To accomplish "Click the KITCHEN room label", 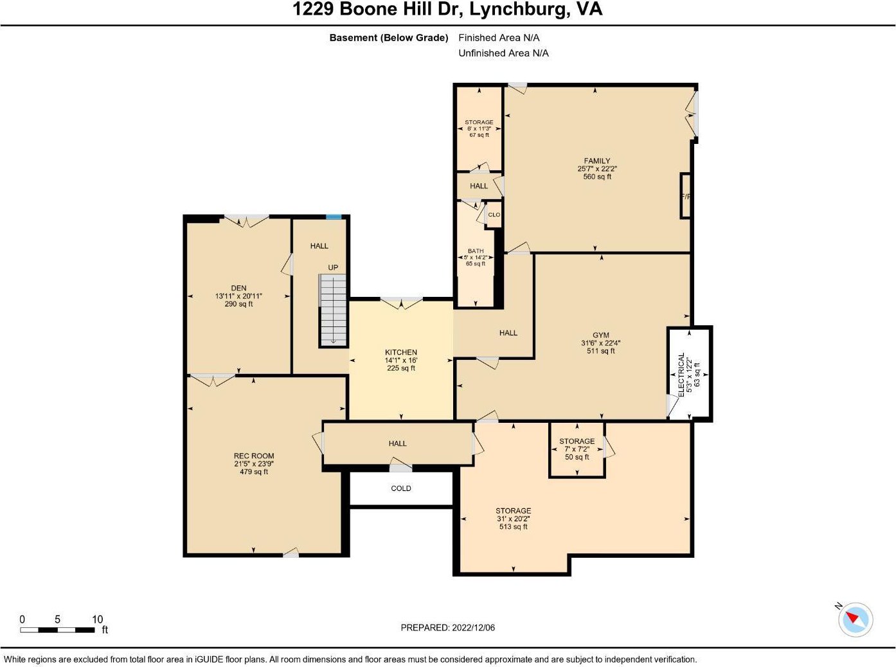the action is [400, 352].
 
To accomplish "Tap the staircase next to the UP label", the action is [333, 310].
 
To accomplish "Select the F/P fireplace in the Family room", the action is [685, 197].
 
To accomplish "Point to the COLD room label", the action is [400, 488].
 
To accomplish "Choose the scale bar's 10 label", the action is [97, 619].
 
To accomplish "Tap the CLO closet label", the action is [494, 215].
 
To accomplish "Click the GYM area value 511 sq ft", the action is [601, 351].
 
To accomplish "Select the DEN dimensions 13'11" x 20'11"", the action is [238, 296].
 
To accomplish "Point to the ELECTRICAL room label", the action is [681, 375].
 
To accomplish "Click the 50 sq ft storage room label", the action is [577, 457].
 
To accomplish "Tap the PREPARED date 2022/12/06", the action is [473, 627].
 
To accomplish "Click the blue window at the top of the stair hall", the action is [334, 217].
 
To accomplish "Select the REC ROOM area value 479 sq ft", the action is [254, 472].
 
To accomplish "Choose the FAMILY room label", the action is [597, 161].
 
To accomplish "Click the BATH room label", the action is [476, 251].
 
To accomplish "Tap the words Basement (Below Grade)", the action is [389, 38].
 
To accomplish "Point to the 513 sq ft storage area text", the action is [513, 526].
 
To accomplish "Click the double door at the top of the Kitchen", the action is [401, 303].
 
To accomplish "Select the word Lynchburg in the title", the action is [517, 9].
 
